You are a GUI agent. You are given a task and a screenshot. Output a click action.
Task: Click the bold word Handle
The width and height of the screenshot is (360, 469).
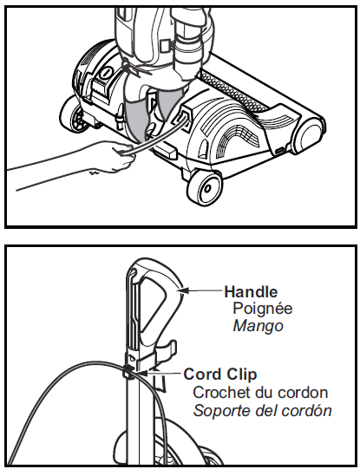251,291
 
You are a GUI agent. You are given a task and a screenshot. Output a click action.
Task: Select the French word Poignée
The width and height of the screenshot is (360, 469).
263,309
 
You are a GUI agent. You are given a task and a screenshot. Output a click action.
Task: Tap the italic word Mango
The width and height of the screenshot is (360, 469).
258,326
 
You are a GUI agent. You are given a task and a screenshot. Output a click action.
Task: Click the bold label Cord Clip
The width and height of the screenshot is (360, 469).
220,375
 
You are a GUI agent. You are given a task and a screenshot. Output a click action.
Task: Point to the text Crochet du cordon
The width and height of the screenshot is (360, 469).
260,393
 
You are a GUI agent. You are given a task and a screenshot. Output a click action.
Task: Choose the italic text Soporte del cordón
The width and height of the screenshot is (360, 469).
263,411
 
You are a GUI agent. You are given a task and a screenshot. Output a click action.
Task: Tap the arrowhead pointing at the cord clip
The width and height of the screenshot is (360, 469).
143,374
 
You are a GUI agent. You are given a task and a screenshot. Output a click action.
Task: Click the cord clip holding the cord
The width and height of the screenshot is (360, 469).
128,372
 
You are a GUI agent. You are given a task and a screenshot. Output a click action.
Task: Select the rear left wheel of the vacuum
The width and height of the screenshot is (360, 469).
74,114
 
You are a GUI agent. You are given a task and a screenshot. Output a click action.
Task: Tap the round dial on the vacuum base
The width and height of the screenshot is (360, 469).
105,74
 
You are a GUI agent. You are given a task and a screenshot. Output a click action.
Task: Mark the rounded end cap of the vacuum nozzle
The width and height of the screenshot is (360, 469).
309,135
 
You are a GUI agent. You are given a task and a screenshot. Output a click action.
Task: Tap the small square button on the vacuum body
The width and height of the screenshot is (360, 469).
165,46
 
